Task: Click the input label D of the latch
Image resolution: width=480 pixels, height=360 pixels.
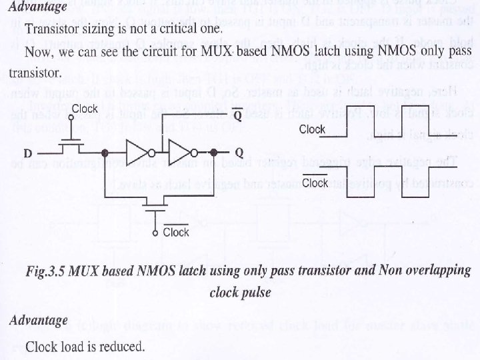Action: (x=26, y=153)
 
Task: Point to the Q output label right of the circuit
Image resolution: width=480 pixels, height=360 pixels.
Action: (x=239, y=153)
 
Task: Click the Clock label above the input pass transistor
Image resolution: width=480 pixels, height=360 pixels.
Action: (x=85, y=108)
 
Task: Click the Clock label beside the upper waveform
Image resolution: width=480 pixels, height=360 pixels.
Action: (x=312, y=129)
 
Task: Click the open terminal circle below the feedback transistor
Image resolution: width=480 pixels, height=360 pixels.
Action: (x=155, y=233)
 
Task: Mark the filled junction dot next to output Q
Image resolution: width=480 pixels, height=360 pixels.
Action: (x=215, y=152)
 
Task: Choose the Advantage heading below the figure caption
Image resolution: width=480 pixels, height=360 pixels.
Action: (x=38, y=320)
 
